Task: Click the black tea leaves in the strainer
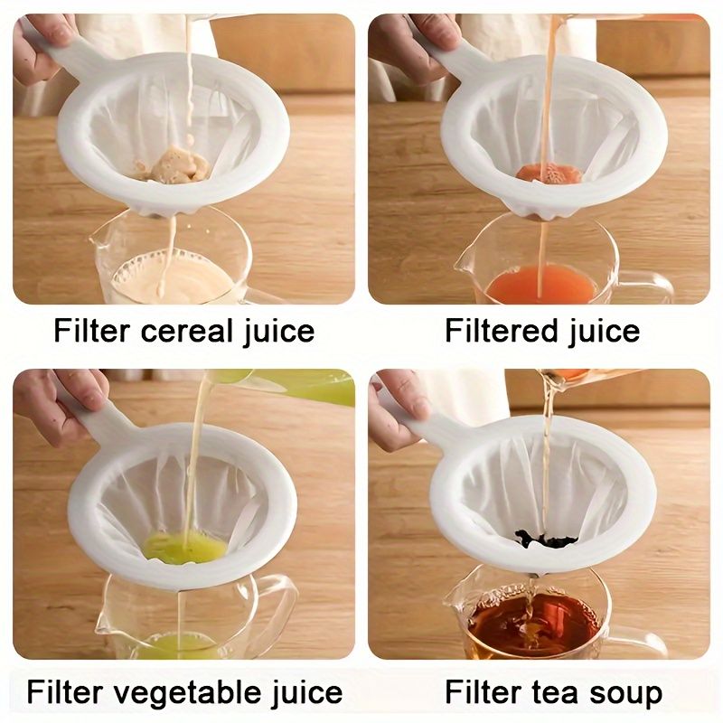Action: coord(545,540)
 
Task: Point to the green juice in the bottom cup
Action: coord(177,644)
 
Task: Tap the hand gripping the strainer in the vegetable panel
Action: coord(59,398)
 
